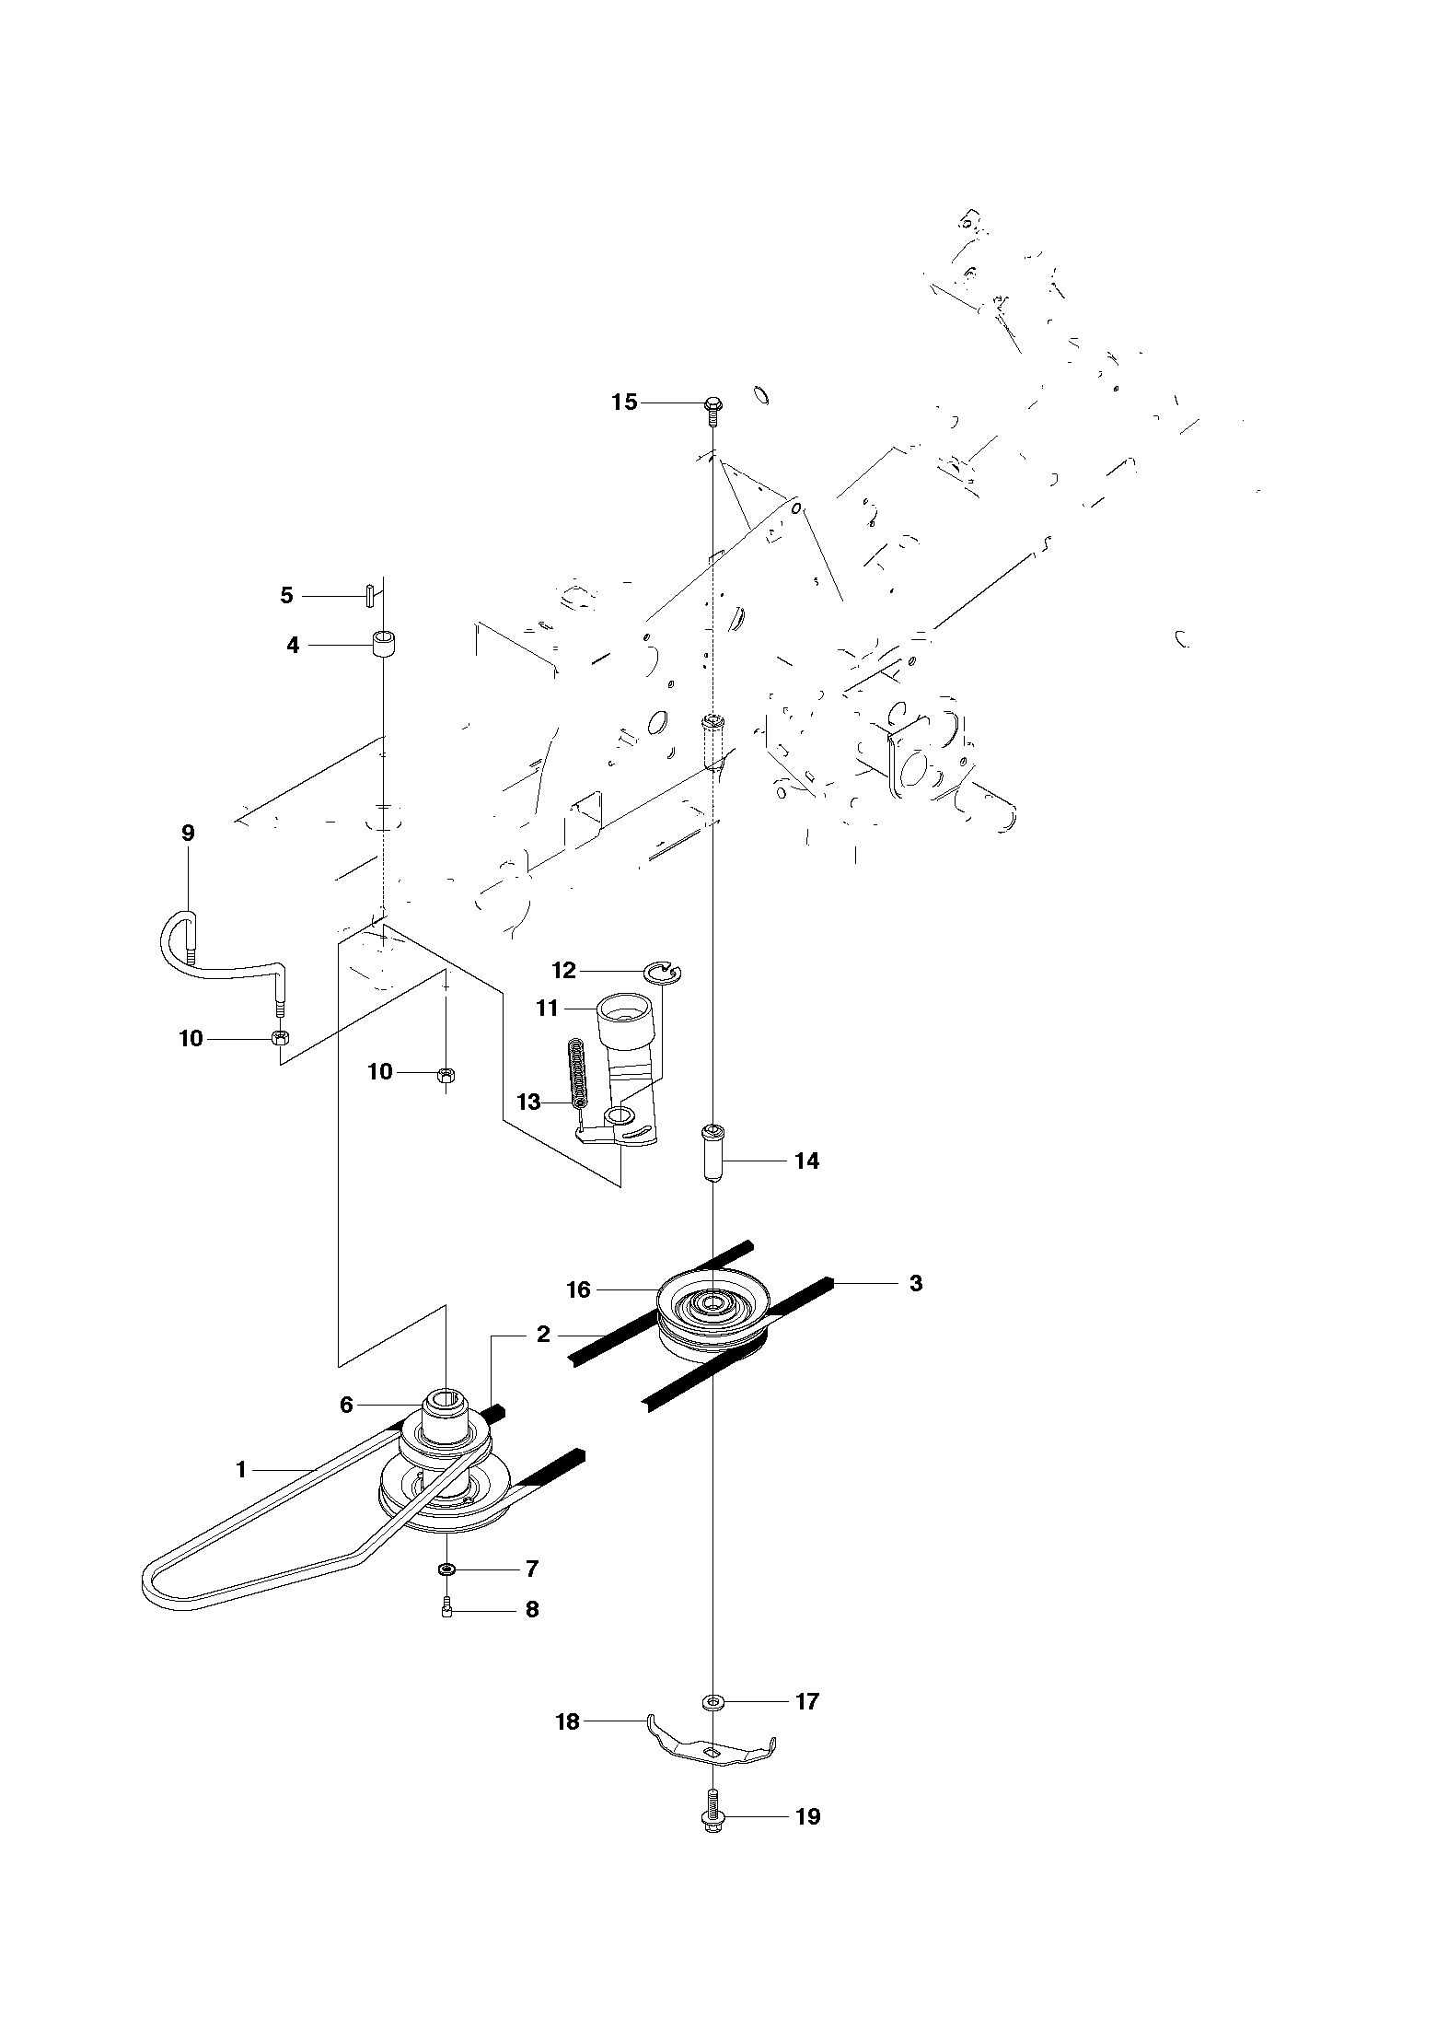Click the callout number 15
point(624,402)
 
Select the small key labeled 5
point(367,595)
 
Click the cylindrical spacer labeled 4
point(384,643)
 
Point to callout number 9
point(188,834)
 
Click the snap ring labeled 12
point(662,972)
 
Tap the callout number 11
point(548,1009)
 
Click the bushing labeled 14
point(712,1151)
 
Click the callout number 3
point(916,1283)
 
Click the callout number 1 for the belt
point(241,1470)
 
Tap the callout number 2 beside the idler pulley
point(543,1334)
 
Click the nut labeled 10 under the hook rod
point(278,1038)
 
